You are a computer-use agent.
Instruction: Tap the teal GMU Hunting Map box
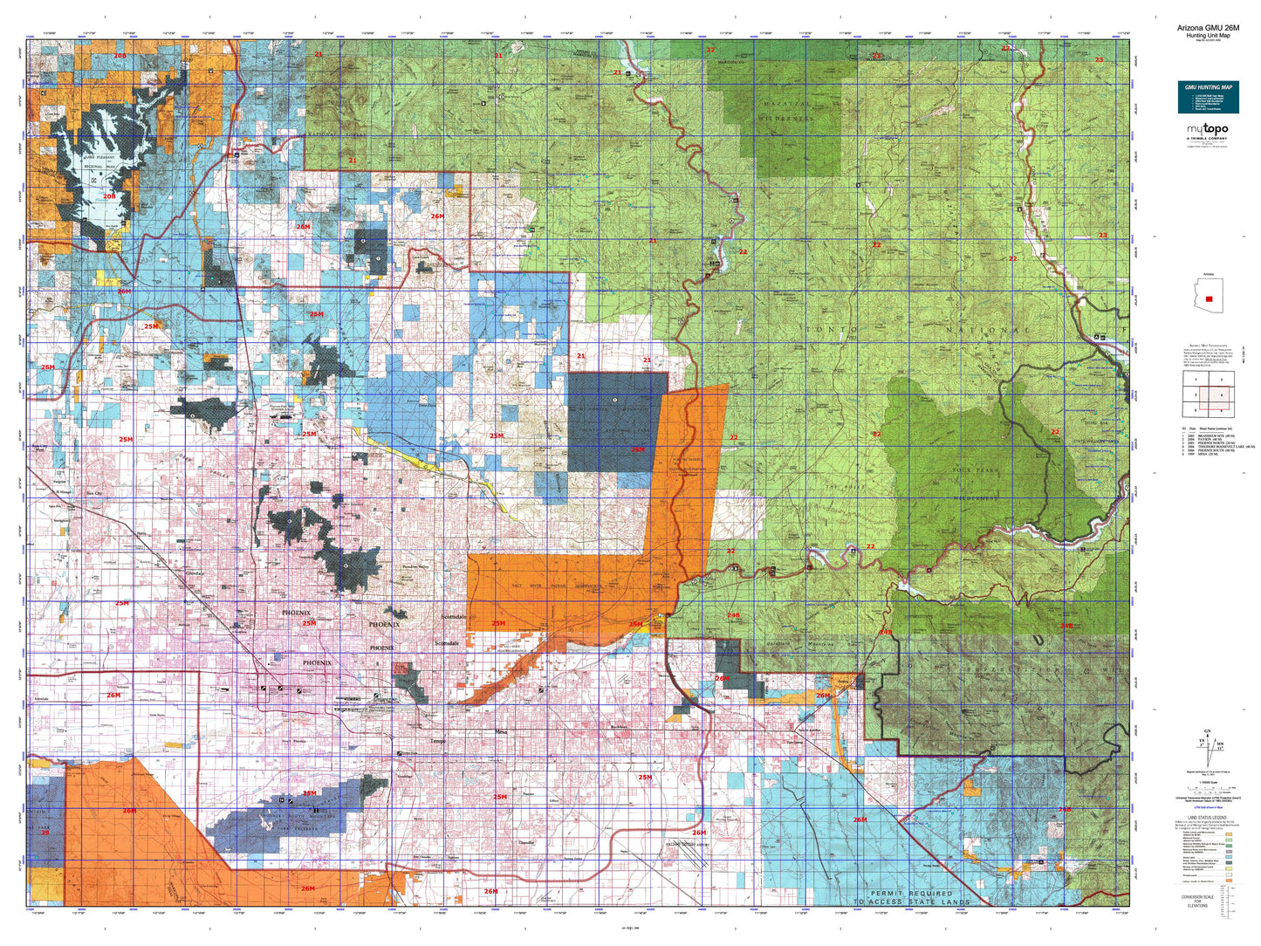1208,97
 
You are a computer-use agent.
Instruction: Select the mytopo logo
1206,130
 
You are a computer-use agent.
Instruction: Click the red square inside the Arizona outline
1209,298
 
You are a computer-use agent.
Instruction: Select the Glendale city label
196,573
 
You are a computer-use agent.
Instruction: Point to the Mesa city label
501,731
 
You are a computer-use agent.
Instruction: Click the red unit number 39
45,833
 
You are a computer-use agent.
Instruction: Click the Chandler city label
526,842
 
